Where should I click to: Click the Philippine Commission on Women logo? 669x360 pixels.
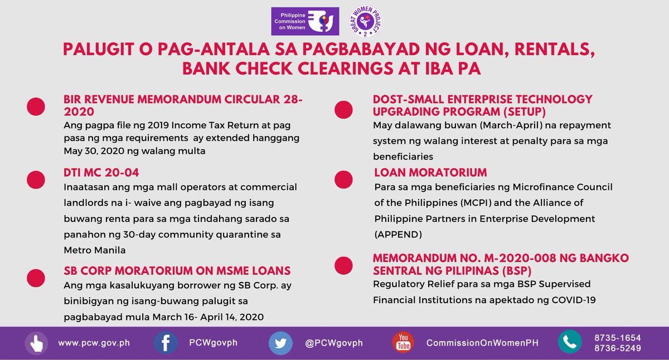click(x=304, y=21)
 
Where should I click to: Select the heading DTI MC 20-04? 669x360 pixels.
click(x=101, y=173)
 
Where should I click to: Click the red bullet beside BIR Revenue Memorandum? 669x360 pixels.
click(x=36, y=107)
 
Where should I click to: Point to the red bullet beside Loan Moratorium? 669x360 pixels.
click(x=344, y=180)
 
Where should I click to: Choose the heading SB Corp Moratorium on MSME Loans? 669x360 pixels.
click(x=177, y=271)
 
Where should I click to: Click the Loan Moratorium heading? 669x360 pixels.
click(x=430, y=172)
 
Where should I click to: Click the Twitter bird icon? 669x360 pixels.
click(x=280, y=343)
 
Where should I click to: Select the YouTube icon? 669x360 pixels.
click(x=404, y=343)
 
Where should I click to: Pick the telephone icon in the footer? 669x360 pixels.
click(x=569, y=343)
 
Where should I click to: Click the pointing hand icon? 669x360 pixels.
click(x=36, y=343)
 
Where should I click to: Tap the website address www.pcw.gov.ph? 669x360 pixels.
click(x=94, y=343)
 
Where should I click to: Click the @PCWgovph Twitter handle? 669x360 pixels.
click(x=334, y=343)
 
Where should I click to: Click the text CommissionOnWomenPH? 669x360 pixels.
click(x=482, y=343)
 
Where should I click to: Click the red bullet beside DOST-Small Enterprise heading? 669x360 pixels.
click(x=344, y=109)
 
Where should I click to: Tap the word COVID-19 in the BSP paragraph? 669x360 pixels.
click(x=575, y=299)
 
